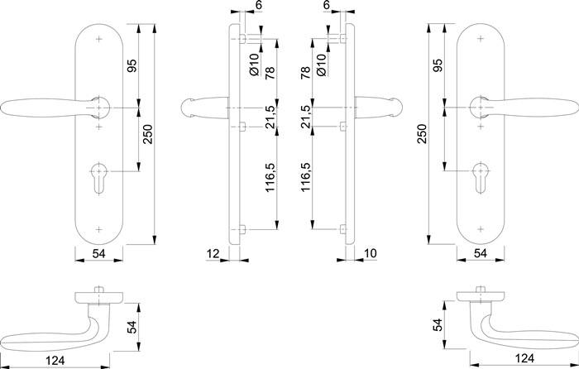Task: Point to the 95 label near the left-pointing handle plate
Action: [x=131, y=66]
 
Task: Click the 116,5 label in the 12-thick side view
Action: [x=270, y=178]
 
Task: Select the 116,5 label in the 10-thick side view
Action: [x=305, y=178]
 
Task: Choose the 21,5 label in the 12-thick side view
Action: [x=270, y=117]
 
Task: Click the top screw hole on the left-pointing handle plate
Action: [x=98, y=39]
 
